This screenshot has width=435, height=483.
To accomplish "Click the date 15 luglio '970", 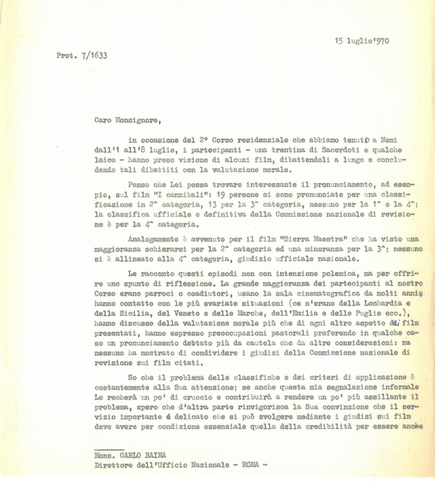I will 362,41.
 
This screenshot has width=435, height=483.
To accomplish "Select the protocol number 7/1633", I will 92,55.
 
